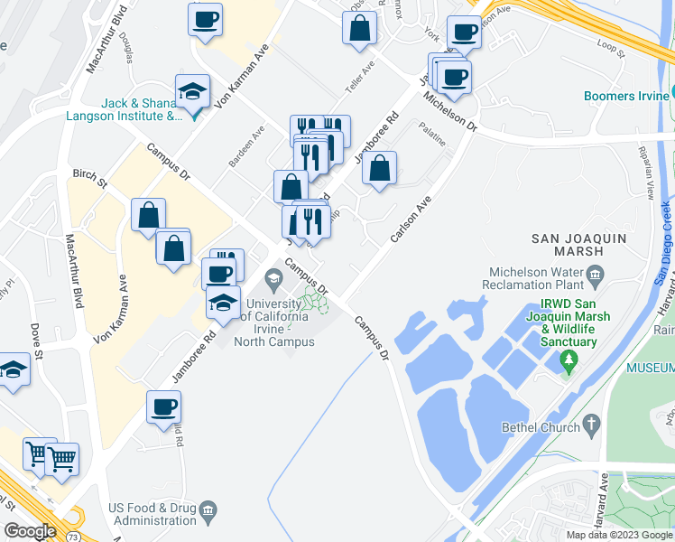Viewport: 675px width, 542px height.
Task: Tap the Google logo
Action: point(29,532)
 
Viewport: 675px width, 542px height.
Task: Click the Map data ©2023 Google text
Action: point(618,535)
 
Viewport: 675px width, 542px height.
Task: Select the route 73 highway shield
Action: point(71,537)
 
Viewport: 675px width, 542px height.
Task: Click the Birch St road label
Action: point(90,178)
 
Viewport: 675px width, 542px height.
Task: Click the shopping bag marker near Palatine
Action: point(381,168)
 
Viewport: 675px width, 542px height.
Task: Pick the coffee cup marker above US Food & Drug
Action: point(163,408)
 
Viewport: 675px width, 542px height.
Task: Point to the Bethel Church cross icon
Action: point(592,423)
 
